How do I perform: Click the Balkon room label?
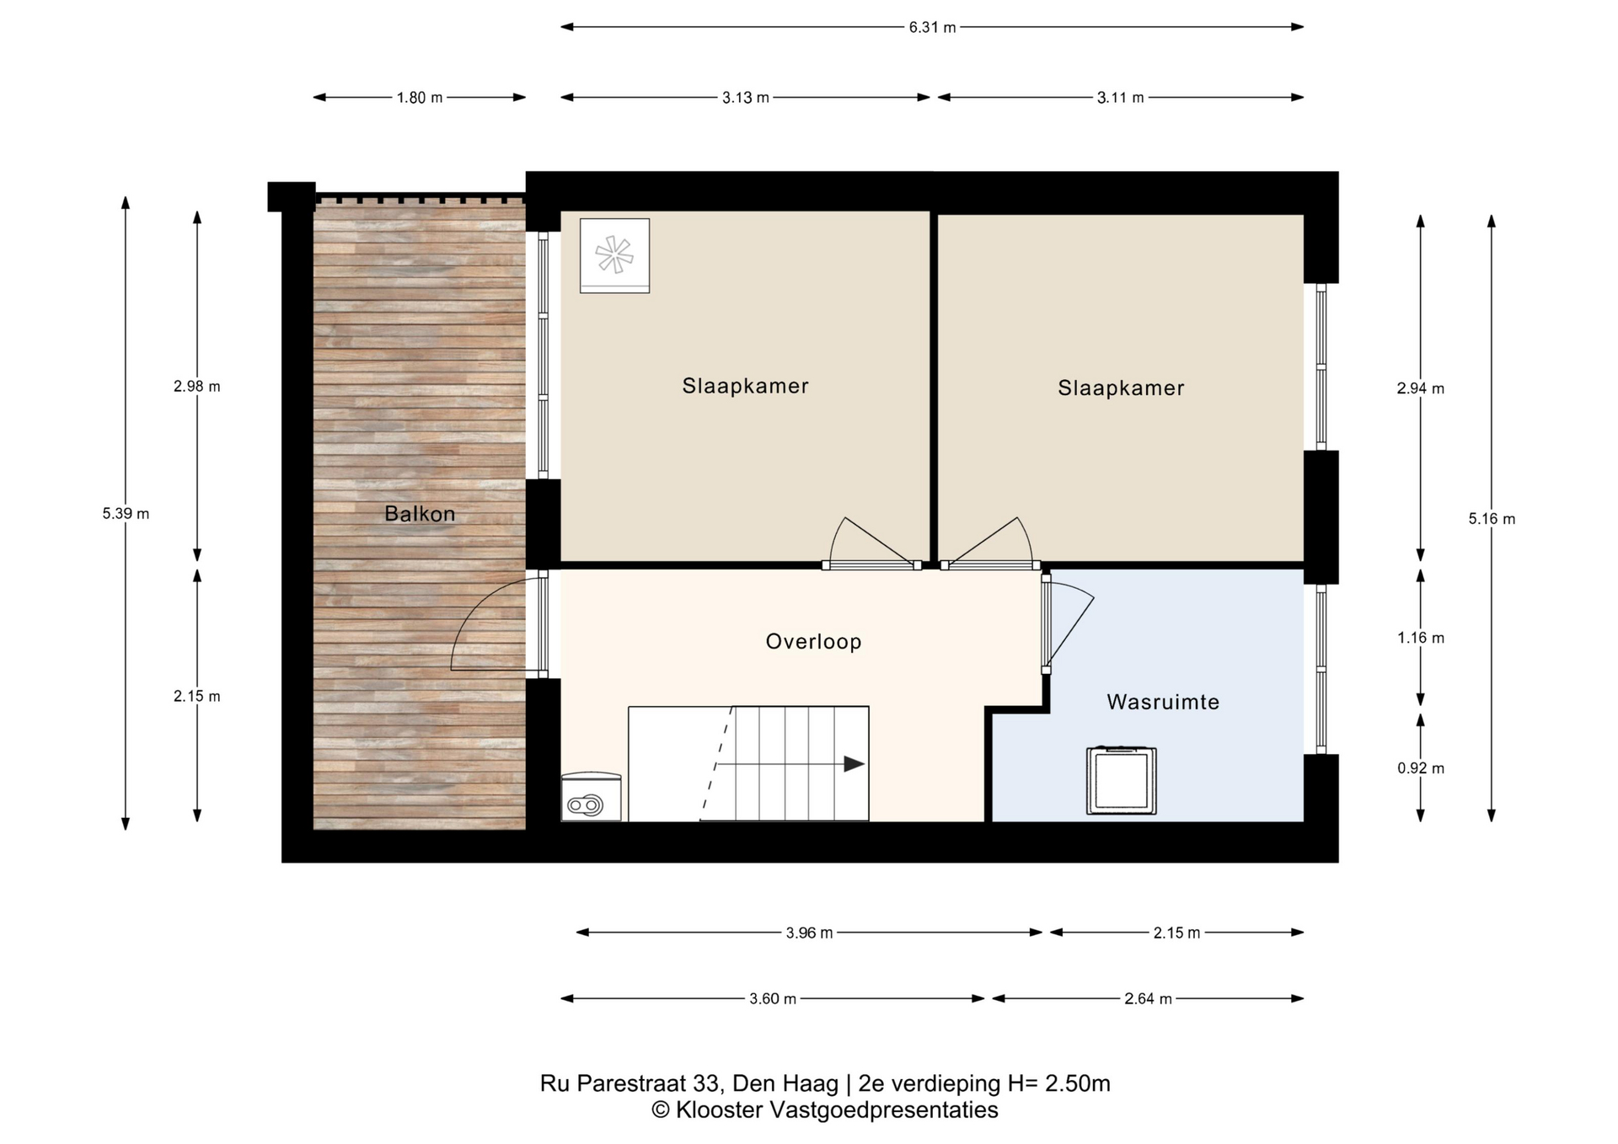pyautogui.click(x=420, y=514)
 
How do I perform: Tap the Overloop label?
pyautogui.click(x=813, y=642)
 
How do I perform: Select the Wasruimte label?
pyautogui.click(x=1163, y=702)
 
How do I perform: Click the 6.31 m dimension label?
pyautogui.click(x=932, y=27)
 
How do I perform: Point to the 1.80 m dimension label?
pyautogui.click(x=420, y=98)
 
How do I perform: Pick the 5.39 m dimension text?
pyautogui.click(x=126, y=514)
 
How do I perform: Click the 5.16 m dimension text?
pyautogui.click(x=1492, y=519)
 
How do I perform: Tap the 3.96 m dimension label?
pyautogui.click(x=809, y=933)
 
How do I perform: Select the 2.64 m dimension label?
pyautogui.click(x=1148, y=999)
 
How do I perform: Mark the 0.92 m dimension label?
pyautogui.click(x=1421, y=768)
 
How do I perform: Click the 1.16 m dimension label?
pyautogui.click(x=1421, y=638)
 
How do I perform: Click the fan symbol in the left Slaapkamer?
pyautogui.click(x=614, y=255)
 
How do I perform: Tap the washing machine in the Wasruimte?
pyautogui.click(x=1121, y=780)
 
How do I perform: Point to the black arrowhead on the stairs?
pyautogui.click(x=855, y=764)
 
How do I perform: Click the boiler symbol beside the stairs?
pyautogui.click(x=592, y=796)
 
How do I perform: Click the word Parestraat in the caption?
pyautogui.click(x=631, y=1083)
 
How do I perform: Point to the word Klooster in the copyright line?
pyautogui.click(x=719, y=1110)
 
